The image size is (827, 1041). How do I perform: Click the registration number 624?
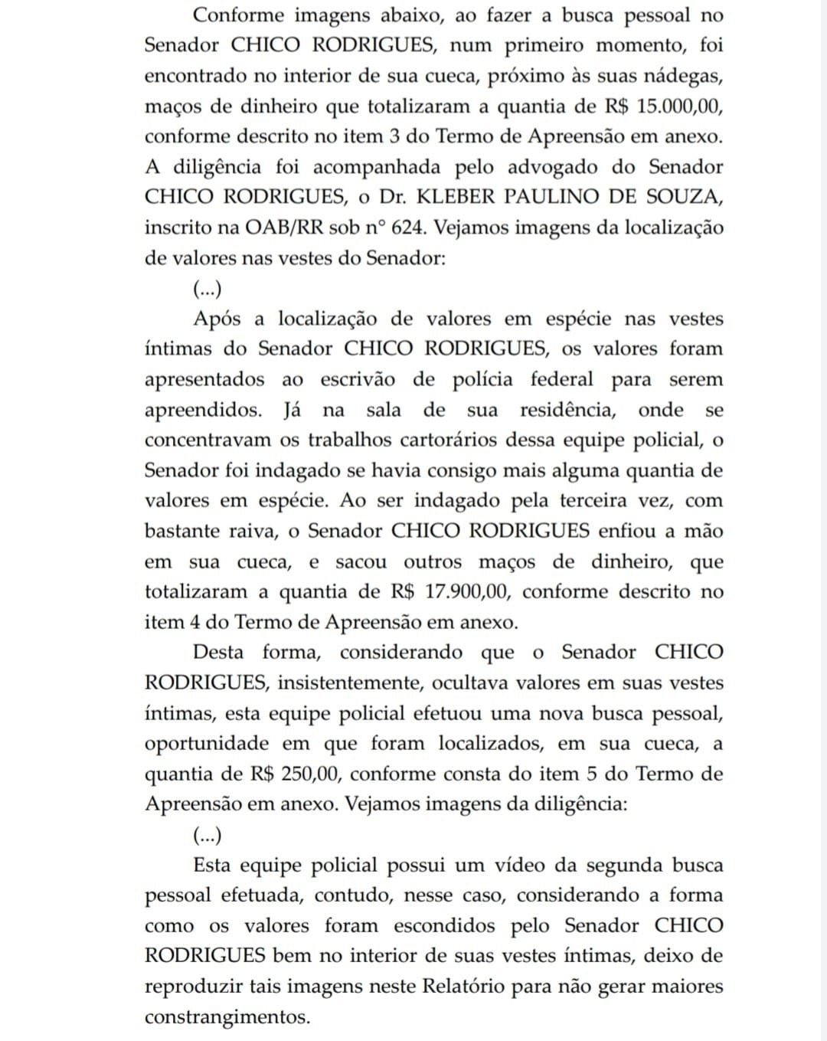407,228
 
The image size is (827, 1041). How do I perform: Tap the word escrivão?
358,379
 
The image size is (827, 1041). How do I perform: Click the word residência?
567,410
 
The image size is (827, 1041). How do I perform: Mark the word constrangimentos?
227,1017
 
